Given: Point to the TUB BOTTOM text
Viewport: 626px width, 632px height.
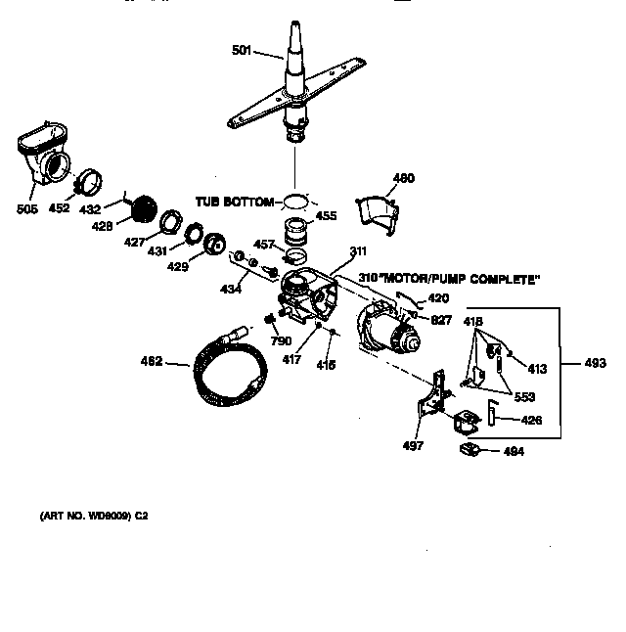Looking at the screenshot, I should pyautogui.click(x=234, y=201).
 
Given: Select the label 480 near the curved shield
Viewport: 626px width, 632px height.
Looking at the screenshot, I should pyautogui.click(x=403, y=178).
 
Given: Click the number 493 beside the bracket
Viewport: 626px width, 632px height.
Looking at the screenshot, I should pyautogui.click(x=594, y=364).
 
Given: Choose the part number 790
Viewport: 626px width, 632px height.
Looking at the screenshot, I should pyautogui.click(x=281, y=340).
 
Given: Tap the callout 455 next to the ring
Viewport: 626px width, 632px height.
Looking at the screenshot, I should pyautogui.click(x=325, y=214).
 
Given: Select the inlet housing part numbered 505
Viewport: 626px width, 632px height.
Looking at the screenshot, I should pyautogui.click(x=44, y=154).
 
